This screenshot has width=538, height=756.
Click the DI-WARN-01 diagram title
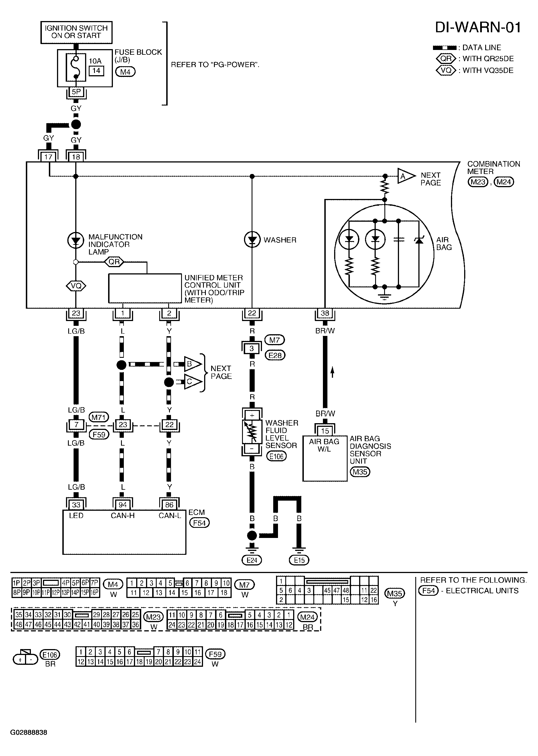[477, 28]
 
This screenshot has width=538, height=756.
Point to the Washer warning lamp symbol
[252, 240]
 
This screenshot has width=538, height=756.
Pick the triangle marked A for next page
[406, 176]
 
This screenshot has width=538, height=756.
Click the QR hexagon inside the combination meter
[114, 262]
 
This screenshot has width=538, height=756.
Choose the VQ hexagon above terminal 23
[76, 286]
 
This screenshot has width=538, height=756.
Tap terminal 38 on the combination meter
[325, 313]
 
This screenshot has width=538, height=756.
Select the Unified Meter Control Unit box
[145, 288]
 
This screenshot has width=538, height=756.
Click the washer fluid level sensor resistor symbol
[252, 432]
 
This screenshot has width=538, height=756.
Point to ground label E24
[252, 560]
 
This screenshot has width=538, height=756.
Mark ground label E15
[299, 560]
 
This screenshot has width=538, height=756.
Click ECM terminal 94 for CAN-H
[123, 505]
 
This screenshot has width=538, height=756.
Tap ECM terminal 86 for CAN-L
[169, 505]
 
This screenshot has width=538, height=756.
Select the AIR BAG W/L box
[325, 459]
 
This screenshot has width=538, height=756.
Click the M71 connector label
[98, 417]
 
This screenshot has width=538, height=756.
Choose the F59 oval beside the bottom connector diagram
[215, 654]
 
